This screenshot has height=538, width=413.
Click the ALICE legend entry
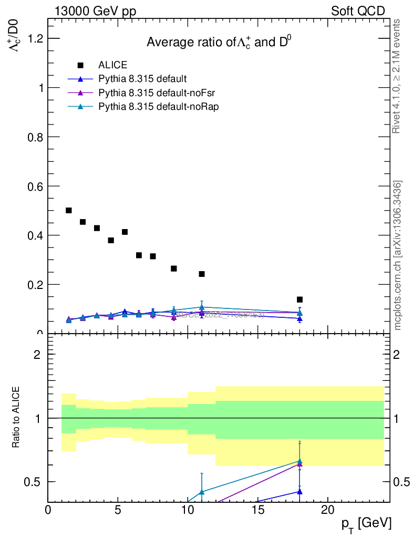tap(112, 65)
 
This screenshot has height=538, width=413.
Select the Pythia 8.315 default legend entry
tap(142, 79)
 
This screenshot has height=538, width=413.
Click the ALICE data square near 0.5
tap(69, 210)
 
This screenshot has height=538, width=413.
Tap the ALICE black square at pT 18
tap(300, 299)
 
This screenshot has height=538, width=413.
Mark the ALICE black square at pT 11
tap(202, 274)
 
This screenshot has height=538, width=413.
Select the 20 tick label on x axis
tap(327, 510)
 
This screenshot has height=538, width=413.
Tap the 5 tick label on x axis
tap(118, 510)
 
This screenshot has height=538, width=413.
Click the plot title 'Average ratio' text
tap(218, 43)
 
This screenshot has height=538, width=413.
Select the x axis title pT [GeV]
tap(365, 523)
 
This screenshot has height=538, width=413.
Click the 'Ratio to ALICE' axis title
tap(17, 418)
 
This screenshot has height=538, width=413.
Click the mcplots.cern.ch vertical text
tap(398, 255)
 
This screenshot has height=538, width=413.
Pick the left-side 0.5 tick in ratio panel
tap(35, 482)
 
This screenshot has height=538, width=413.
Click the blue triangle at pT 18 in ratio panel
tap(300, 492)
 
